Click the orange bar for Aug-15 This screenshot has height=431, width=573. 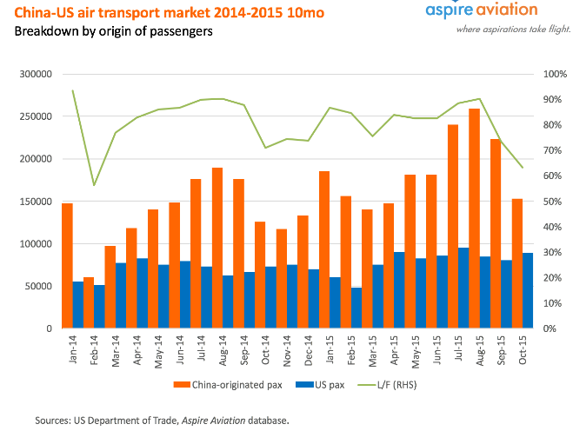pos(474,218)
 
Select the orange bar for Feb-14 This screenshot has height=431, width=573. pos(89,302)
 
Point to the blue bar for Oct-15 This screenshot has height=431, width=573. pos(527,290)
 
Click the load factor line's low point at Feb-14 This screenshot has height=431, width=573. pos(94,185)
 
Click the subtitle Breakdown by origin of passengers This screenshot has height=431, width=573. pos(113,31)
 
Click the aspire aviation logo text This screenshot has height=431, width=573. pos(481,10)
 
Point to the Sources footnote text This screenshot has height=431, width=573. pos(161,420)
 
